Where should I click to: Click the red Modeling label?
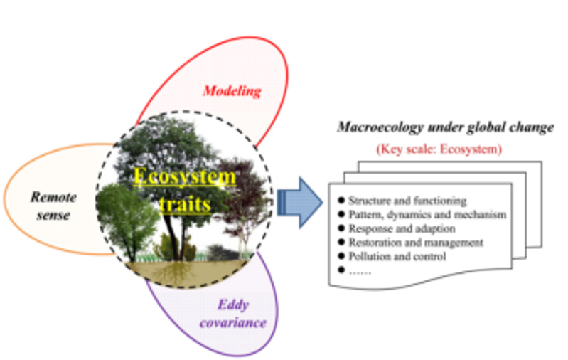click(x=232, y=91)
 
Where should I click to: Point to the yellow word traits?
click(x=185, y=204)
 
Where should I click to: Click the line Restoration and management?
click(x=415, y=243)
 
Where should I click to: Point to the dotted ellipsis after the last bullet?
click(x=360, y=270)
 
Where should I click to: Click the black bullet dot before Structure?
click(x=341, y=201)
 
